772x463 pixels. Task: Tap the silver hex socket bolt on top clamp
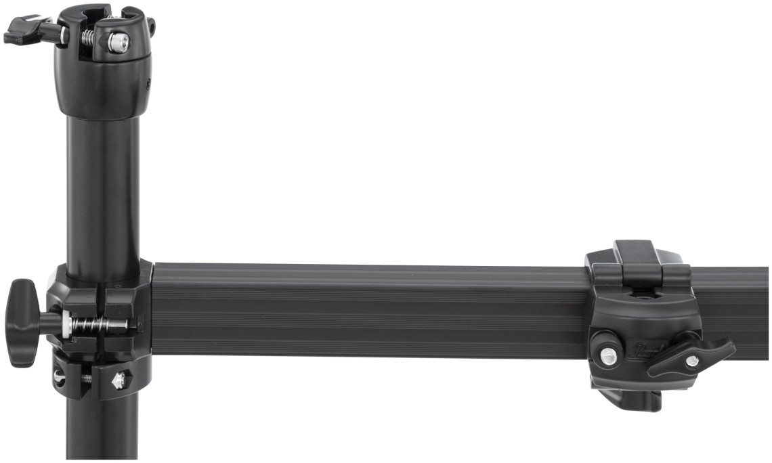(x=118, y=43)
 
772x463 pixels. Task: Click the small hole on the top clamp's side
(x=148, y=83)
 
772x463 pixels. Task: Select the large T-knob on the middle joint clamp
(x=23, y=323)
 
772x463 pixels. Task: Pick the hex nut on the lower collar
(x=119, y=380)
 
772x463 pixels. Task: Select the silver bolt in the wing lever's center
(x=691, y=361)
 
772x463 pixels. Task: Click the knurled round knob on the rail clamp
(x=607, y=356)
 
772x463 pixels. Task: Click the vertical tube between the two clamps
(x=103, y=190)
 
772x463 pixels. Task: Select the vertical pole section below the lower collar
(x=102, y=430)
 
